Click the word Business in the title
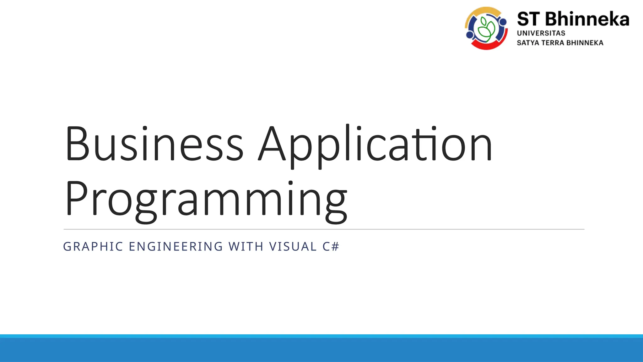(154, 144)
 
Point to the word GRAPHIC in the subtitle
(93, 247)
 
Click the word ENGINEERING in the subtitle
(176, 247)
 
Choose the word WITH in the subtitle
(246, 247)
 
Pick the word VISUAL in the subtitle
(293, 247)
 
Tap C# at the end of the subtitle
(331, 247)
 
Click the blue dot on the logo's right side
(503, 22)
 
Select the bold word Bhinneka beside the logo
(587, 19)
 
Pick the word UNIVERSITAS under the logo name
(541, 33)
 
